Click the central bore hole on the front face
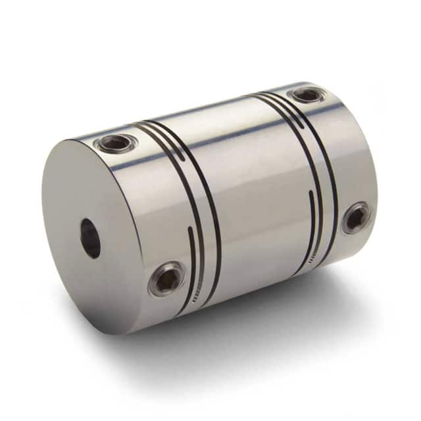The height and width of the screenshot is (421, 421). [91, 237]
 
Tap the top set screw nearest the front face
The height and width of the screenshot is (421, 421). [117, 141]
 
